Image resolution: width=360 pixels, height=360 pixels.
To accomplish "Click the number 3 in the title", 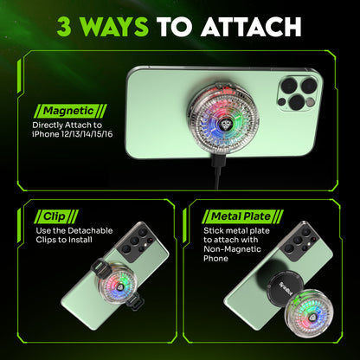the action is (64, 27).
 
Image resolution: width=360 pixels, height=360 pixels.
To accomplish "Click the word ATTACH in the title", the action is (251, 27).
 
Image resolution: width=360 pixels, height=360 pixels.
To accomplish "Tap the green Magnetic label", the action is (70, 111).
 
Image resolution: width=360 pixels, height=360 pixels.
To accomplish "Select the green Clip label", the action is (56, 216).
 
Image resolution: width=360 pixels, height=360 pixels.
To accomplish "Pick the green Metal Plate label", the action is (242, 216).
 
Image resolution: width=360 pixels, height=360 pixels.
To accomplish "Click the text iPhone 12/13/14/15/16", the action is (73, 134).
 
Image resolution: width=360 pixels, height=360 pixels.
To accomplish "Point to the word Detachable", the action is (90, 231).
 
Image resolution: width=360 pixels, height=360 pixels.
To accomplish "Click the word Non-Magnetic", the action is (232, 249).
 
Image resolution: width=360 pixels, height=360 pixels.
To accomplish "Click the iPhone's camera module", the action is (297, 93).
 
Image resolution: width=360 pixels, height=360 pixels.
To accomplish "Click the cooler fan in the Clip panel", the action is (118, 282).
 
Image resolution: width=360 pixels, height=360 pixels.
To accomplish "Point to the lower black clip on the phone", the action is (135, 302).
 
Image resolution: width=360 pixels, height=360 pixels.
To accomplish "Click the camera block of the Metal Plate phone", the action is (301, 241).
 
